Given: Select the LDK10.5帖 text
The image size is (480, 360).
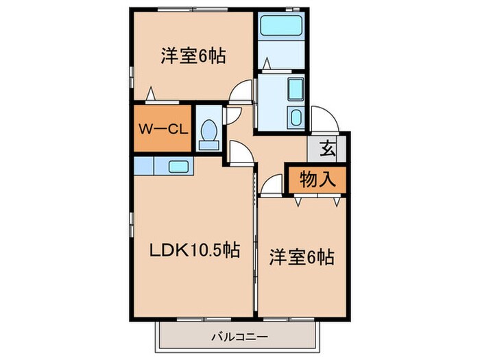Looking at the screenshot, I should [x=195, y=251].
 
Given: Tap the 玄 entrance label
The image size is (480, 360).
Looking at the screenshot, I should [x=328, y=147].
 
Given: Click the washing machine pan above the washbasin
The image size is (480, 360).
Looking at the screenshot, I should [x=296, y=89].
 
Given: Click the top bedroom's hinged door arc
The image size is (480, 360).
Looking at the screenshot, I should [x=241, y=93].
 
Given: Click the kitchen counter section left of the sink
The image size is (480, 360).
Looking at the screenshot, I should [x=145, y=166].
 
